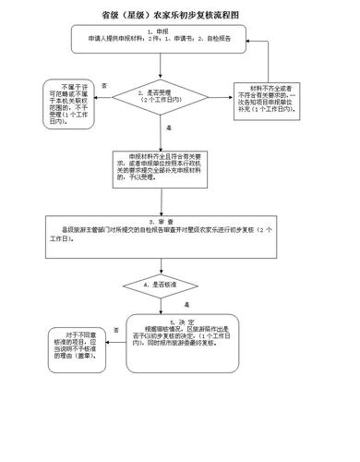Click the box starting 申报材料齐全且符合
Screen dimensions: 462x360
click(164, 169)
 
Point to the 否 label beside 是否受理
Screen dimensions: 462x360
click(103, 85)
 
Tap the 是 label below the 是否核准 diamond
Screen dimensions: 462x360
click(186, 304)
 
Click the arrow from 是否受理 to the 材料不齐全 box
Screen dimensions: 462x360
click(214, 96)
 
